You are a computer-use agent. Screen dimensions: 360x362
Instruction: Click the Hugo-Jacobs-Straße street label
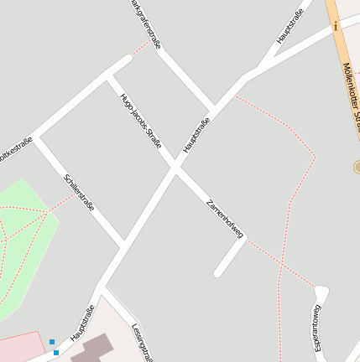[x=140, y=120]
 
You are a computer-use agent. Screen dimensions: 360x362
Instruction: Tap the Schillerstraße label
[x=79, y=194]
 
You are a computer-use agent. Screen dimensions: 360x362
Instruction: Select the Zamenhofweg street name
[x=224, y=219]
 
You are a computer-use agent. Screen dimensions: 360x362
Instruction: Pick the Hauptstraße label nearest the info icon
[x=290, y=26]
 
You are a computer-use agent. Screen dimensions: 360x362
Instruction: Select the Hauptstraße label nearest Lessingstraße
[x=82, y=323]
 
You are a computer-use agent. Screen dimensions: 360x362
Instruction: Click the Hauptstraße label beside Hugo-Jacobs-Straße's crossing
[x=196, y=135]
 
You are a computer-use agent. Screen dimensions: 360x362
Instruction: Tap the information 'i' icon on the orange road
[x=336, y=26]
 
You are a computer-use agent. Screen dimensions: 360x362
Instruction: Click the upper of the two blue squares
[x=52, y=342]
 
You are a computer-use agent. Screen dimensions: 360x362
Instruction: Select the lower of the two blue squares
[x=56, y=352]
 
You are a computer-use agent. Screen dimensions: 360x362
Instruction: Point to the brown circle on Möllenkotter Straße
[x=357, y=168]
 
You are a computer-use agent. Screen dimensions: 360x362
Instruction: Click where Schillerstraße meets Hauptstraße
[x=123, y=242]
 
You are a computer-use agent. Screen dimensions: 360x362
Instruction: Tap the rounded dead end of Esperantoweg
[x=321, y=292]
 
